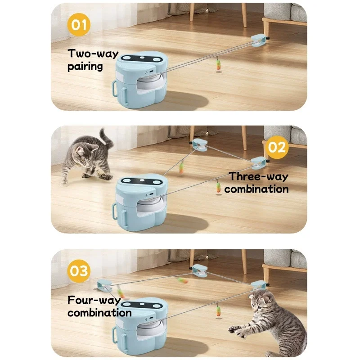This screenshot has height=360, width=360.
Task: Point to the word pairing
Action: tap(85, 67)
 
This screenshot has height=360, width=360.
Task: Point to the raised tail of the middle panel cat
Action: tap(106, 137)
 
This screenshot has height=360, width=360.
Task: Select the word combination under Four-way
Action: tap(99, 312)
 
